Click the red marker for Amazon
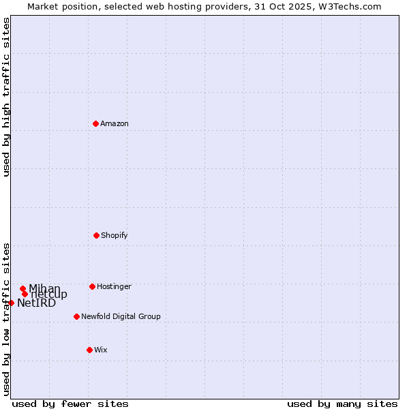pyautogui.click(x=96, y=123)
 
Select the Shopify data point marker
pyautogui.click(x=96, y=235)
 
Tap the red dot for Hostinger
pyautogui.click(x=92, y=286)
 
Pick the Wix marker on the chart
pyautogui.click(x=89, y=350)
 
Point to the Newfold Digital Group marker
pyautogui.click(x=76, y=316)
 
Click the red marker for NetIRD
pyautogui.click(x=12, y=303)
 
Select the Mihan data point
pyautogui.click(x=22, y=288)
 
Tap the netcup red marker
pyautogui.click(x=25, y=294)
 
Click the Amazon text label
pyautogui.click(x=115, y=123)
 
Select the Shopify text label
pyautogui.click(x=115, y=235)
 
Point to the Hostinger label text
pyautogui.click(x=114, y=286)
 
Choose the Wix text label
pyautogui.click(x=101, y=350)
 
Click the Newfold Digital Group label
pyautogui.click(x=121, y=316)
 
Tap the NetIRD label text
pyautogui.click(x=36, y=303)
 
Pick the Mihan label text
pyautogui.click(x=44, y=288)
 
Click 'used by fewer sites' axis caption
pyautogui.click(x=70, y=404)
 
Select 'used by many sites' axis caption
pyautogui.click(x=342, y=404)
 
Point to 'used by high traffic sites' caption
pyautogui.click(x=6, y=97)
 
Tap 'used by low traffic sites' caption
pyautogui.click(x=6, y=319)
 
